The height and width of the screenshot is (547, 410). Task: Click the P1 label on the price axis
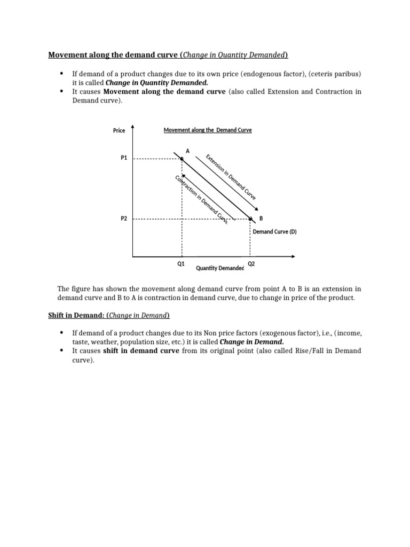point(124,158)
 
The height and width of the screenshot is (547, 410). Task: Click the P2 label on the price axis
point(124,218)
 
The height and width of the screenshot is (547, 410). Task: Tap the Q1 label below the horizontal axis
point(181,263)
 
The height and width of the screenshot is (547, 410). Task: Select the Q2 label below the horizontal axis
point(251,263)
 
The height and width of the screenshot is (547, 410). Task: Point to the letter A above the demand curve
point(187,151)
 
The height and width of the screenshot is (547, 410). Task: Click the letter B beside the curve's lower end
point(261,218)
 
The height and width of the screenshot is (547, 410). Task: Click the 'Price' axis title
point(119,130)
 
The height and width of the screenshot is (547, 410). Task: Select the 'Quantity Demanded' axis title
point(220,268)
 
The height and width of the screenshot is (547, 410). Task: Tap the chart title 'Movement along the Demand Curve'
point(207,130)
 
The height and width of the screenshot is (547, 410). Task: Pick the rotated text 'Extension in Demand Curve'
point(231,177)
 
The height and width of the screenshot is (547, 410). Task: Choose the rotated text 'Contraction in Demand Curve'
point(201,199)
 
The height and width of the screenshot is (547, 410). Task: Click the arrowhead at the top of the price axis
point(132,127)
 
